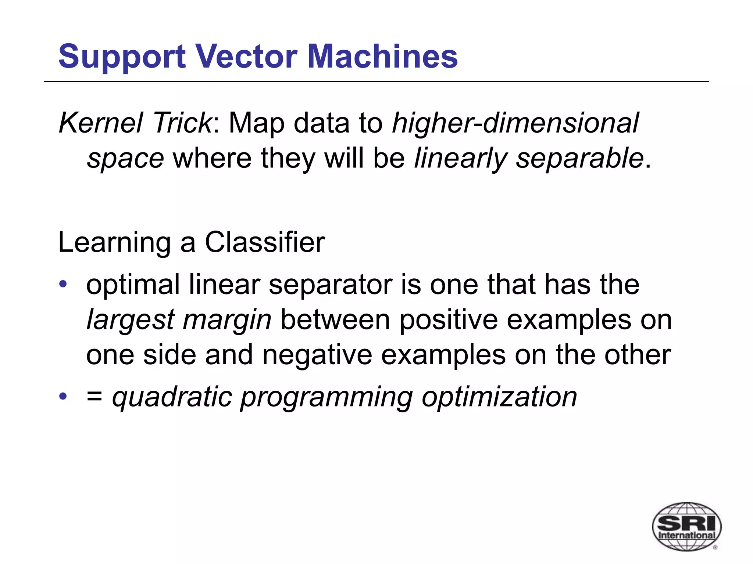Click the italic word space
click(x=125, y=159)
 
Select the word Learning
click(x=114, y=243)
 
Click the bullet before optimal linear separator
click(x=63, y=284)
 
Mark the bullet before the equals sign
click(x=63, y=396)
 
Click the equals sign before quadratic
click(x=94, y=397)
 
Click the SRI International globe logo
click(x=686, y=526)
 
